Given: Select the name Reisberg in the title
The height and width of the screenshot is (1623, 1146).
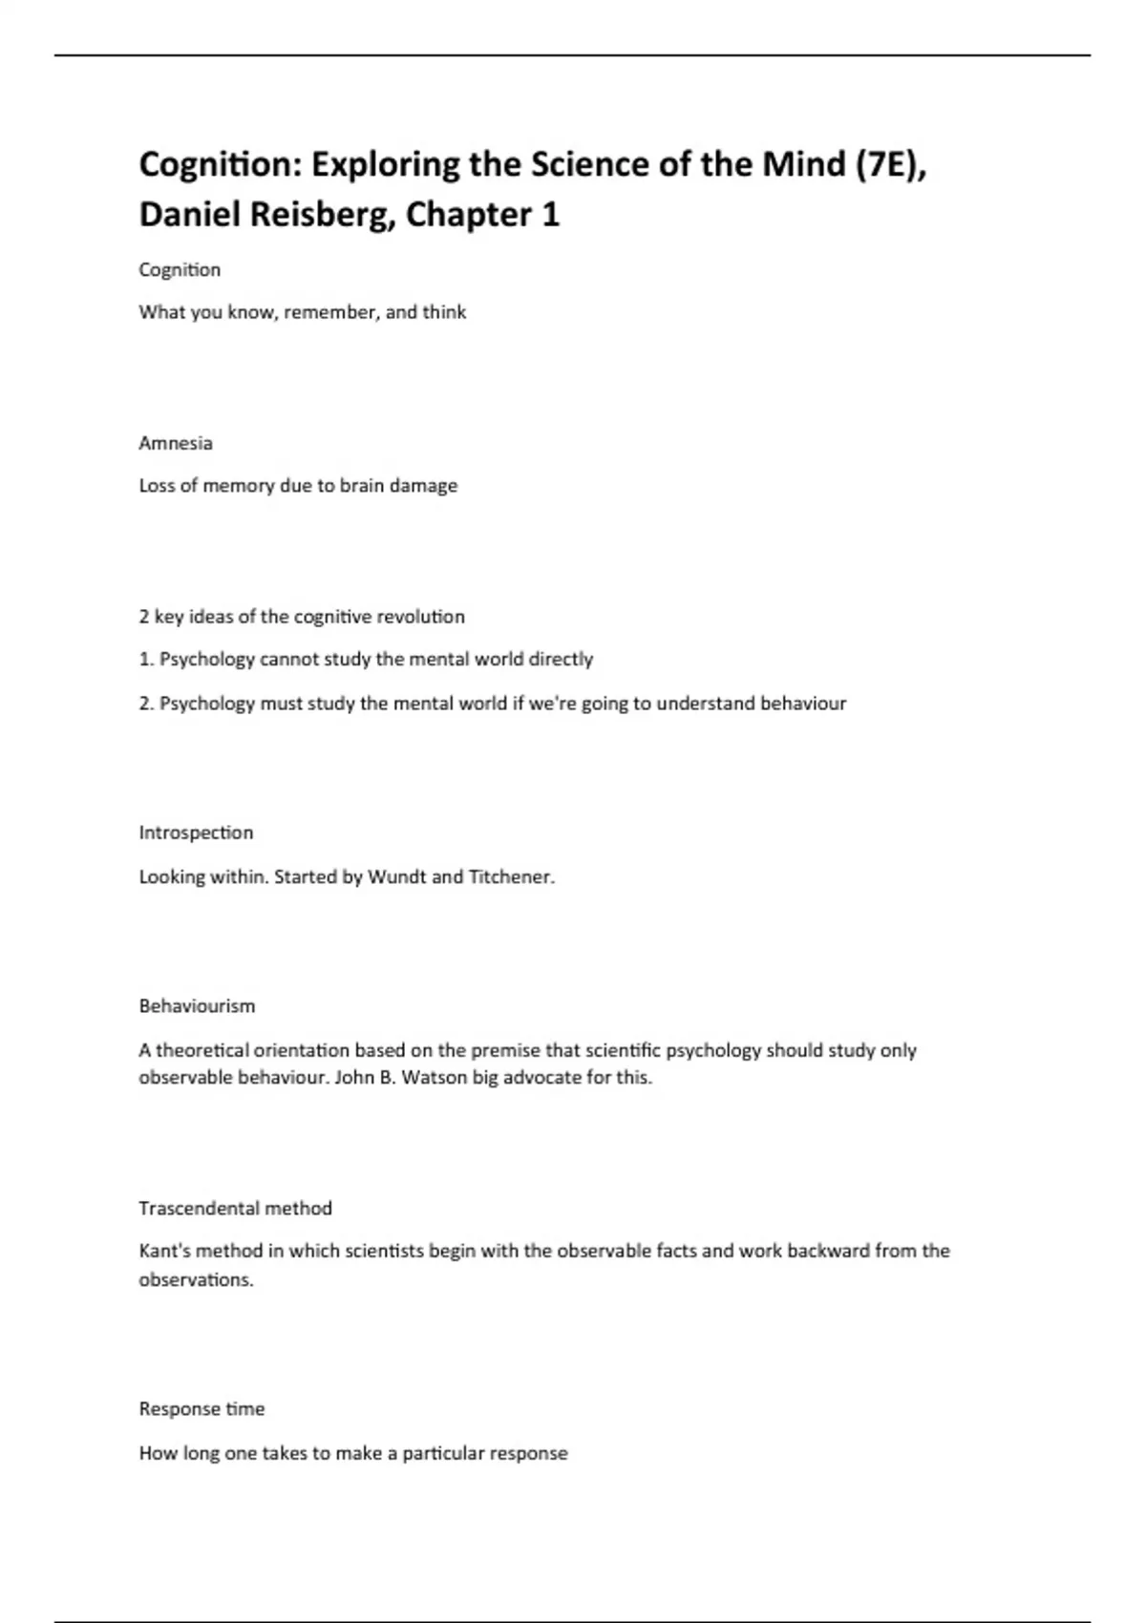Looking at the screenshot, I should click(322, 215).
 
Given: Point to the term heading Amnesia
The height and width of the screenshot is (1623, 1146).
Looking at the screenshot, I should click(176, 443).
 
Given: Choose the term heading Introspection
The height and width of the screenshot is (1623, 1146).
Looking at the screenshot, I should click(196, 833).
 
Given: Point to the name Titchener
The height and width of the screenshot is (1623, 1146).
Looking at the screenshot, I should click(511, 876).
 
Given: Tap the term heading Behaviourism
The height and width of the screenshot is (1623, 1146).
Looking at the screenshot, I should click(197, 1006).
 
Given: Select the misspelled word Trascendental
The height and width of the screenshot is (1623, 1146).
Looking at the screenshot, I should click(199, 1209).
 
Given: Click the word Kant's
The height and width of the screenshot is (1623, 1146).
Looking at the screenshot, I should click(164, 1252).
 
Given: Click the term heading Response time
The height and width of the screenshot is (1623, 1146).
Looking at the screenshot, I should click(202, 1409).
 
